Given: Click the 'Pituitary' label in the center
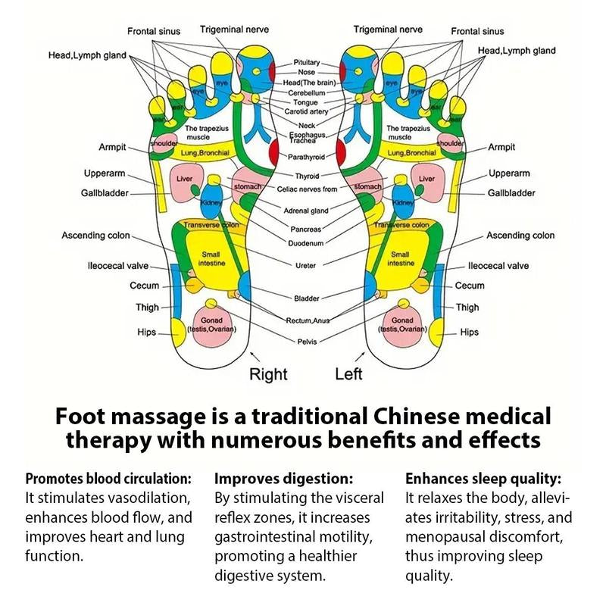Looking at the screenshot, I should click(x=307, y=62).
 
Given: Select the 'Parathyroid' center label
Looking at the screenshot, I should click(x=306, y=157).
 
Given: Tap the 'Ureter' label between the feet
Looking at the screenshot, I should click(x=306, y=265).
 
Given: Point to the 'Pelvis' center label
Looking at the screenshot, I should click(x=307, y=342).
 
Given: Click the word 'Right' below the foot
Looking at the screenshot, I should click(x=268, y=373).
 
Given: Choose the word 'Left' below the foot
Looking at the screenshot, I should click(x=348, y=373).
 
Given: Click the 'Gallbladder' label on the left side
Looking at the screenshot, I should click(x=105, y=193).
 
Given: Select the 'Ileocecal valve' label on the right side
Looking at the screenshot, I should click(x=498, y=266).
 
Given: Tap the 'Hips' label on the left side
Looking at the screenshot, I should click(x=146, y=333).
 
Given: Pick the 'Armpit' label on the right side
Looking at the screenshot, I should click(x=501, y=147).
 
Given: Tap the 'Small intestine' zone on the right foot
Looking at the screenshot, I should click(x=209, y=259).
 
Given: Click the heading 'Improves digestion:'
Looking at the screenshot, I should click(x=284, y=479).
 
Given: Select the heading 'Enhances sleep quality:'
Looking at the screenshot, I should click(x=483, y=479).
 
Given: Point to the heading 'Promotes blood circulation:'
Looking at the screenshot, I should click(x=108, y=479).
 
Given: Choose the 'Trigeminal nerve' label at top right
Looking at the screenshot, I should click(x=388, y=30).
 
